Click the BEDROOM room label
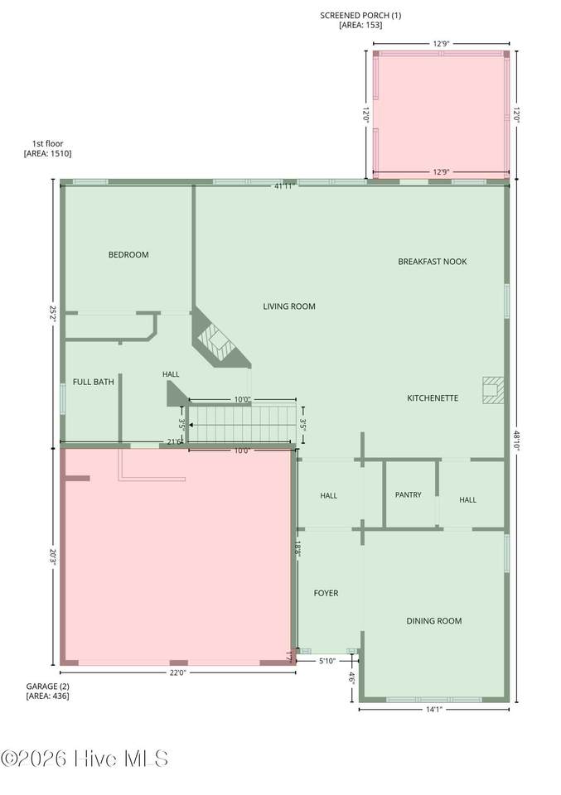point(128,254)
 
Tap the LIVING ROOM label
point(289,306)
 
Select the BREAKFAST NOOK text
point(433,262)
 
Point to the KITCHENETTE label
point(433,398)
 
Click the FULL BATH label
point(94,382)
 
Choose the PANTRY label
point(409,494)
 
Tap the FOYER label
point(326,593)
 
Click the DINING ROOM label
point(433,620)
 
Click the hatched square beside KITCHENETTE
point(493,390)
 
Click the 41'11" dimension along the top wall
point(285,186)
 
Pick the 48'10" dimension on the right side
point(516,441)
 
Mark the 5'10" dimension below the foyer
point(327,661)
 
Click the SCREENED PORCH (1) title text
point(360,15)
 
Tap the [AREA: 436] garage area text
point(48,696)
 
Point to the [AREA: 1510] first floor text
point(48,153)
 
